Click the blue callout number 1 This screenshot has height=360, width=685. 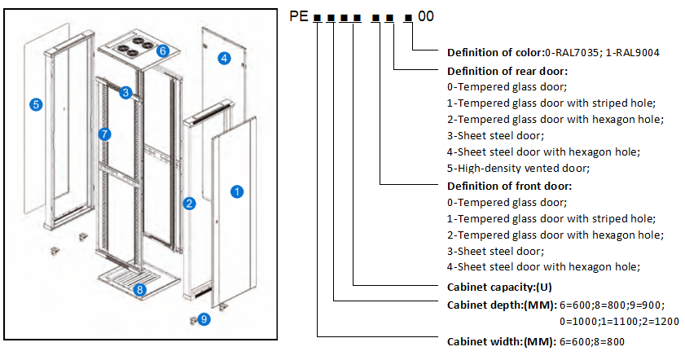237,192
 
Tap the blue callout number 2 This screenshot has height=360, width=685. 189,204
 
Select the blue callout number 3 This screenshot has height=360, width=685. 125,93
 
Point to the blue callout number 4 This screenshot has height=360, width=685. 225,58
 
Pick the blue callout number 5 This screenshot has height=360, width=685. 36,104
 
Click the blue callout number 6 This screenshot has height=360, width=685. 163,50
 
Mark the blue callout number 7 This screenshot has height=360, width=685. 103,134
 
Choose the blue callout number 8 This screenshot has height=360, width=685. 140,289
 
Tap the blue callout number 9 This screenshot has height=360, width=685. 204,320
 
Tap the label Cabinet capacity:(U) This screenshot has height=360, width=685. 499,287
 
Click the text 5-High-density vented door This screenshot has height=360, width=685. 518,169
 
